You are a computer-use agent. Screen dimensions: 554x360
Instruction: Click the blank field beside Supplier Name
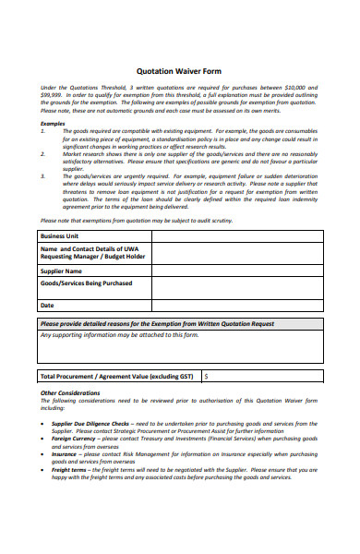[237, 271]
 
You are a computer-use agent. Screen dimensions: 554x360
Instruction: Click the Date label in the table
[47, 305]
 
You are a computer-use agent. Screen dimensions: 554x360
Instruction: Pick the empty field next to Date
[237, 305]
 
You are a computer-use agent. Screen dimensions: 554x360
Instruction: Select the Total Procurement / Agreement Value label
[116, 377]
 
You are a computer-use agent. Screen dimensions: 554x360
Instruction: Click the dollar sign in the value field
[206, 377]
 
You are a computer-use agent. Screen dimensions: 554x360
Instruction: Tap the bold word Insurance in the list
[64, 454]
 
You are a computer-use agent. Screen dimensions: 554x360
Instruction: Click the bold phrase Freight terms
[69, 469]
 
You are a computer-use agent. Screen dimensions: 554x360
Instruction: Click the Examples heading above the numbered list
[53, 123]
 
